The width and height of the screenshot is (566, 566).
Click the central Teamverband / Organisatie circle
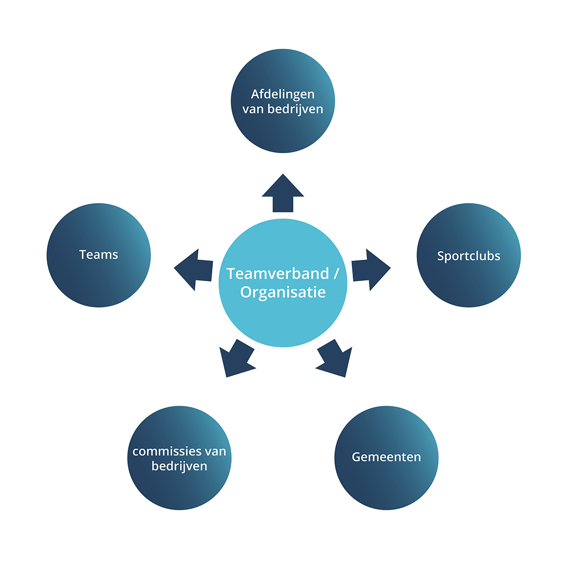click(x=283, y=283)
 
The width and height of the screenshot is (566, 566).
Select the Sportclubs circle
click(x=469, y=255)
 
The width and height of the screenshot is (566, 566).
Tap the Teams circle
click(x=99, y=255)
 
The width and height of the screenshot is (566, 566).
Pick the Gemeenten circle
click(x=386, y=458)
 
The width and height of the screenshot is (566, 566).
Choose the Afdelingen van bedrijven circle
click(x=283, y=101)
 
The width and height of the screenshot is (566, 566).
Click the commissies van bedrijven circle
click(x=179, y=458)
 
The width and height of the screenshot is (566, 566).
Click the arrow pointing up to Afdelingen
click(x=283, y=193)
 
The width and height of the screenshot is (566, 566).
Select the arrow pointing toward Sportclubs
click(x=371, y=269)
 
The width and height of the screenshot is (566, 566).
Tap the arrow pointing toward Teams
click(x=194, y=269)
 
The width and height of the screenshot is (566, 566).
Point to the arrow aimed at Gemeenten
click(x=334, y=359)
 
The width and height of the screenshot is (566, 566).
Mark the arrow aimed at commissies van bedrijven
click(x=237, y=359)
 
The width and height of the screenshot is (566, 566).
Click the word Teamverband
click(x=278, y=274)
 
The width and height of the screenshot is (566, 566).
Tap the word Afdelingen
click(x=283, y=94)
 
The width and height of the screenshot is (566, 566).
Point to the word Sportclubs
click(x=469, y=256)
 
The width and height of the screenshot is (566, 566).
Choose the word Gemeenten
click(x=386, y=457)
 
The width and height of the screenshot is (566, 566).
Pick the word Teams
click(x=99, y=254)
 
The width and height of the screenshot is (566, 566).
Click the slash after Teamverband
click(x=336, y=274)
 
